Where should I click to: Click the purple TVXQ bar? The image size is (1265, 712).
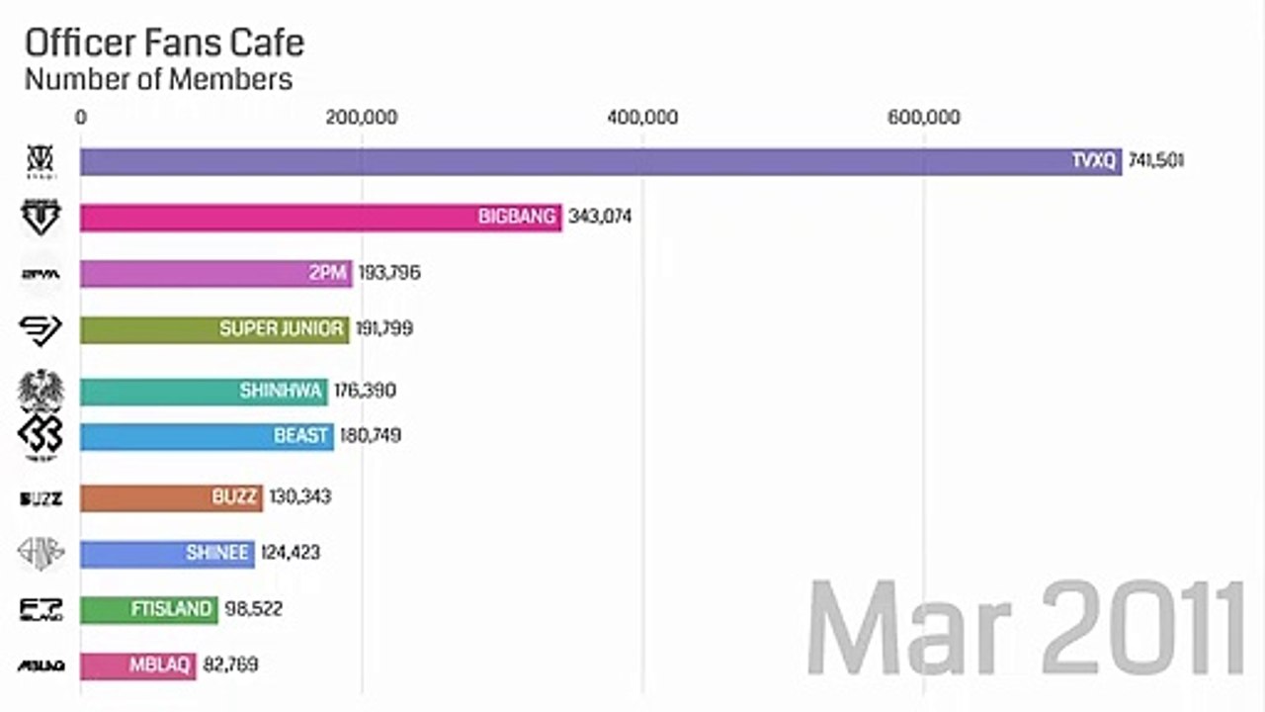tap(593, 161)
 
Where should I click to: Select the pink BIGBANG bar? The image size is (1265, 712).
tap(316, 218)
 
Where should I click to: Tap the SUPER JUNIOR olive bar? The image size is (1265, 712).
tap(212, 329)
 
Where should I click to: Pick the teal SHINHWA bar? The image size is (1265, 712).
tap(203, 392)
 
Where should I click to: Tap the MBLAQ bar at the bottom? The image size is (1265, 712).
tap(137, 666)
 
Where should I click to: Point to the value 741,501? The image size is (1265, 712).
tap(1154, 161)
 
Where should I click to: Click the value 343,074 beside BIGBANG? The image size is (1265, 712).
tap(600, 218)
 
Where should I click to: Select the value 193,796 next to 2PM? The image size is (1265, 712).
tap(389, 273)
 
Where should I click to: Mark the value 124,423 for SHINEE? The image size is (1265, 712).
tap(291, 553)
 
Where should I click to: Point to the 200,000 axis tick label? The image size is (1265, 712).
tap(362, 118)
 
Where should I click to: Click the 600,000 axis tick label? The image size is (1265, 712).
tap(924, 118)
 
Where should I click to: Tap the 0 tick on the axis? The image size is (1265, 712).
tap(81, 118)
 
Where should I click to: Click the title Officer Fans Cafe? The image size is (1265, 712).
tap(164, 44)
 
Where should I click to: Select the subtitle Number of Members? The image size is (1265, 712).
tap(158, 79)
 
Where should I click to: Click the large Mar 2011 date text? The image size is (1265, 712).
tap(1024, 629)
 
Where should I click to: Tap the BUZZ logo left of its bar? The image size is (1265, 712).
tap(41, 498)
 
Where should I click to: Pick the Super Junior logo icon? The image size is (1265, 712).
tap(41, 329)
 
